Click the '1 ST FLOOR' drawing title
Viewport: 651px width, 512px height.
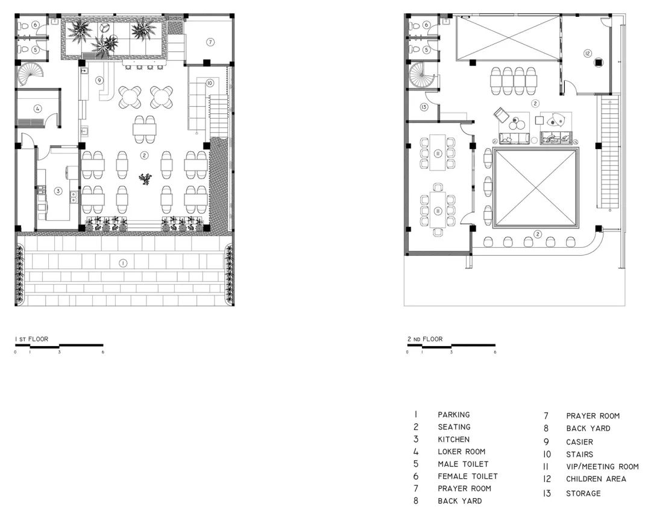coord(31,339)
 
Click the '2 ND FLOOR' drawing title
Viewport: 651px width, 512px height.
coord(425,339)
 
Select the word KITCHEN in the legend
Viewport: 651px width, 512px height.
coord(453,440)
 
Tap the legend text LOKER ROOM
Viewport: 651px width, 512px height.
coord(461,451)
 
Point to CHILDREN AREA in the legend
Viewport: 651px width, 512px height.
coord(596,479)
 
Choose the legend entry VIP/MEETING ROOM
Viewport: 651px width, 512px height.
coord(602,466)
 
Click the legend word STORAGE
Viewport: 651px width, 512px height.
coord(583,493)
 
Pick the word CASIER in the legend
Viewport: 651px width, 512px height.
coord(579,442)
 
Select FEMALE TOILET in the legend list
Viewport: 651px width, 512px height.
coord(468,476)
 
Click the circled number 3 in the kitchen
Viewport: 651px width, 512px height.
coord(58,191)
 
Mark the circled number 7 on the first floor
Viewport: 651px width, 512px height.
coord(210,42)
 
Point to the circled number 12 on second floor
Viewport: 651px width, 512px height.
coord(587,53)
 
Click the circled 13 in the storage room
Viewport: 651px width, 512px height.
coord(424,107)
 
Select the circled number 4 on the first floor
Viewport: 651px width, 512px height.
coord(38,109)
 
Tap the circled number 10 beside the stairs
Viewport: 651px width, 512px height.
coord(209,83)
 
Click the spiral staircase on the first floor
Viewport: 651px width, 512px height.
coord(31,74)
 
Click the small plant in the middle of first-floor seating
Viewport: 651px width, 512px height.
coord(145,179)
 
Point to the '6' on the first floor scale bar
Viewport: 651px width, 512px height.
coord(102,352)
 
